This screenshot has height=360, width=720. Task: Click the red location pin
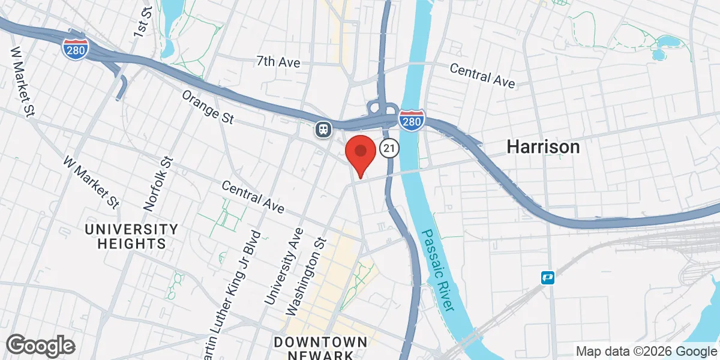coord(360,154)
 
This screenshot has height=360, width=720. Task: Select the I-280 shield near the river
coord(412,120)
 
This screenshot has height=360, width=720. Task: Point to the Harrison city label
coord(543,146)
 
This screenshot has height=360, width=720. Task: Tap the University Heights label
coord(131,236)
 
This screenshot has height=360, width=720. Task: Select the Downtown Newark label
coord(320,348)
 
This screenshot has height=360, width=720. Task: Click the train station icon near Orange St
coord(323,129)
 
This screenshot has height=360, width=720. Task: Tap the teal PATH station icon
coord(547,277)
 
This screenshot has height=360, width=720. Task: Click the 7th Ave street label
coord(278,61)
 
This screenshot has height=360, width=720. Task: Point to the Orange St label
coord(208,107)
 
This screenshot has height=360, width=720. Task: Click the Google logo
coord(41,345)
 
